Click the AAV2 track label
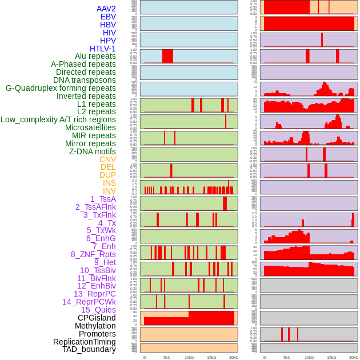pyautogui.click(x=106, y=9)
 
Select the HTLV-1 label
pyautogui.click(x=103, y=49)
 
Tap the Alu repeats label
pyautogui.click(x=95, y=56)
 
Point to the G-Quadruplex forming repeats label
pyautogui.click(x=61, y=88)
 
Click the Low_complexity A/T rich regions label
pyautogui.click(x=58, y=119)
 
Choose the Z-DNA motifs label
pyautogui.click(x=93, y=151)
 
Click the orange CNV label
pyautogui.click(x=107, y=159)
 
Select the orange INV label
pyautogui.click(x=109, y=191)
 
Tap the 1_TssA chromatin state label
pyautogui.click(x=103, y=199)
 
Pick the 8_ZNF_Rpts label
pyautogui.click(x=93, y=254)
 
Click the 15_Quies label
pyautogui.click(x=98, y=310)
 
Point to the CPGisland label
pyautogui.click(x=97, y=318)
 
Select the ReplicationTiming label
pyautogui.click(x=85, y=342)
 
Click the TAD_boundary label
pyautogui.click(x=89, y=349)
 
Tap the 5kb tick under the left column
pyautogui.click(x=167, y=357)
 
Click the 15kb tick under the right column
pyautogui.click(x=331, y=357)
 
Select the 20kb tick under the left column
pyautogui.click(x=234, y=357)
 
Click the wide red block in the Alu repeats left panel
pyautogui.click(x=167, y=56)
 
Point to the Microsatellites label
pyautogui.click(x=90, y=127)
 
